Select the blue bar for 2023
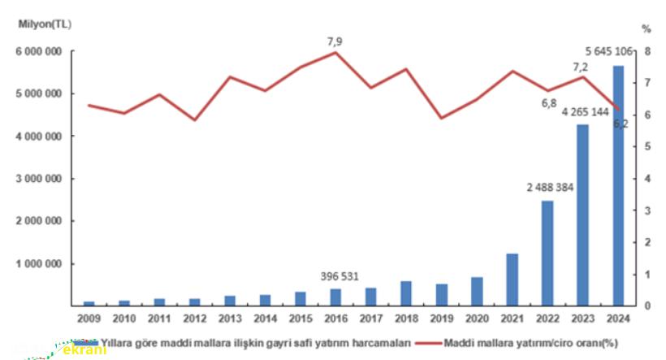(x=582, y=215)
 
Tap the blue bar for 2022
(x=547, y=252)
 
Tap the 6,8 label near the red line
(x=548, y=104)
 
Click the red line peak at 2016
(x=335, y=52)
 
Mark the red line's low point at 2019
(x=441, y=118)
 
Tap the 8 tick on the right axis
(x=647, y=52)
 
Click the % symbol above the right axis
(x=647, y=28)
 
